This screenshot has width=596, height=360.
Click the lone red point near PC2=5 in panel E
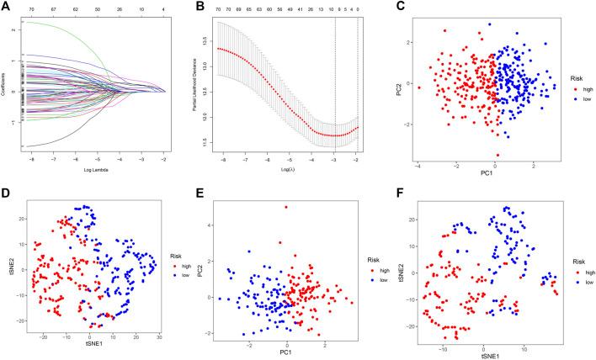tap(286, 207)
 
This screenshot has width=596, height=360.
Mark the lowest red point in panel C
tap(498, 155)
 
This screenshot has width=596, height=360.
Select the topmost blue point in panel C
tap(488, 24)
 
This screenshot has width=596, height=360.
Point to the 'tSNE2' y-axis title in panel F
tap(410, 271)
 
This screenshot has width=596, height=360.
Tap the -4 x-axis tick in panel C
tap(418, 166)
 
